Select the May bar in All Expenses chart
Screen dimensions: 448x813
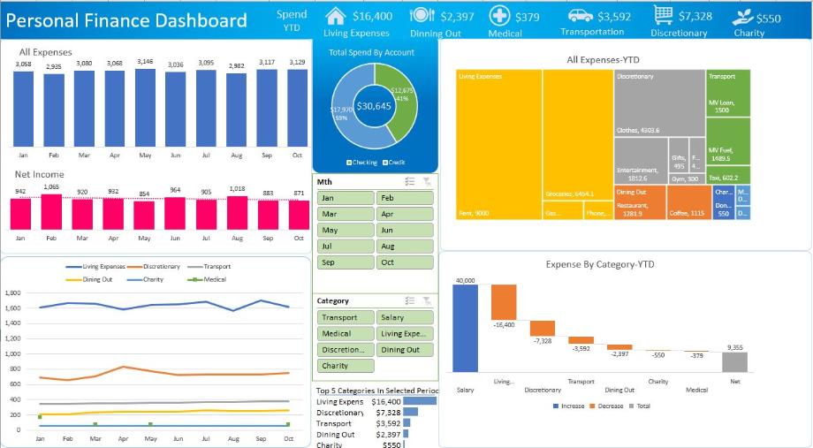click(x=145, y=106)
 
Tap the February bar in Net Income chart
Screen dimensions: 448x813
click(x=51, y=211)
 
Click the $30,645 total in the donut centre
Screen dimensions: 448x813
click(x=374, y=106)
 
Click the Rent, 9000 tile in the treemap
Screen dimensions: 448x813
click(x=499, y=146)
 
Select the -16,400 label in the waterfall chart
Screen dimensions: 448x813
click(x=504, y=325)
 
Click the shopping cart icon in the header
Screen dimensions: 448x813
click(x=664, y=15)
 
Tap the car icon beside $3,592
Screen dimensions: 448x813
click(x=580, y=16)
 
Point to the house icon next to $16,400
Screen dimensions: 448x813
click(x=335, y=16)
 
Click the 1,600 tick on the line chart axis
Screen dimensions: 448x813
click(x=11, y=308)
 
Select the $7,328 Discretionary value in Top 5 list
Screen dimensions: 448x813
click(x=389, y=413)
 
